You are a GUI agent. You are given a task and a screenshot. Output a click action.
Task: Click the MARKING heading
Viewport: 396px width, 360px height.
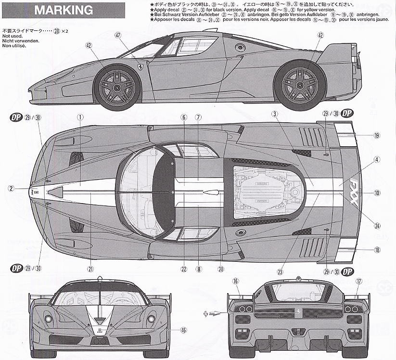click(x=64, y=10)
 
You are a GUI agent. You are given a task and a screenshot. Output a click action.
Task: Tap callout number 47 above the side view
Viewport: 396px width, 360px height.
click(x=118, y=35)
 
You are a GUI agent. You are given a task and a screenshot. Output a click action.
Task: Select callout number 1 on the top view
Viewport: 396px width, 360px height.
click(x=80, y=116)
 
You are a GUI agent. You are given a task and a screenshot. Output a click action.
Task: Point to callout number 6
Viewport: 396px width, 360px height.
click(x=183, y=116)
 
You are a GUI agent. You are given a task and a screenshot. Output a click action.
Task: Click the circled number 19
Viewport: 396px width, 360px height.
click(x=376, y=136)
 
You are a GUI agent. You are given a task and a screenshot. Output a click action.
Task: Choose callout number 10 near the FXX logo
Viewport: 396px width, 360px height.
click(x=376, y=193)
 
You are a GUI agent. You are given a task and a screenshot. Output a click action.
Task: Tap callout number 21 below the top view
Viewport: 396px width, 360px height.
click(x=90, y=270)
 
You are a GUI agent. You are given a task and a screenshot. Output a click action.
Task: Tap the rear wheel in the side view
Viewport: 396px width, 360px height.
click(x=299, y=85)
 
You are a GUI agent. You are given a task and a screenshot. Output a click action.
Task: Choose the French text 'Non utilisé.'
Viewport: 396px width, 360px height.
click(x=13, y=47)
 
